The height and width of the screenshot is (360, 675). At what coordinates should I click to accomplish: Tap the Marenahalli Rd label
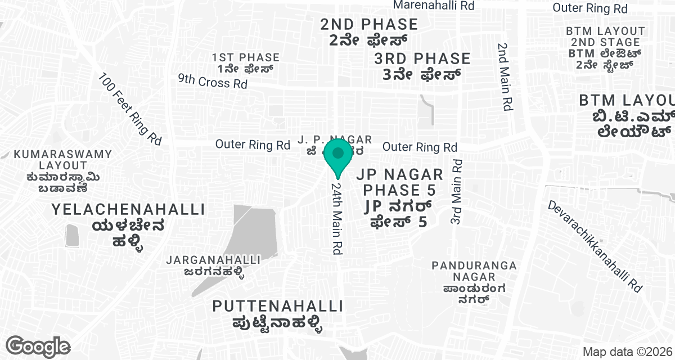tap(434, 5)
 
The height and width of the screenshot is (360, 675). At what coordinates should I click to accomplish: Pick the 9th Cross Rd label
tap(213, 81)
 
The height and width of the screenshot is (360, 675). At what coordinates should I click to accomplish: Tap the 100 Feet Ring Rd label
tap(130, 109)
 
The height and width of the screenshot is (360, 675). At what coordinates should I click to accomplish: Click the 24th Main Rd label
tap(337, 218)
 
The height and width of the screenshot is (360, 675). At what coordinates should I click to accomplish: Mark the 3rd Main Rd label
tap(456, 192)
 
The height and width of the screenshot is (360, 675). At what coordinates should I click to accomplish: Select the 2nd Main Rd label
tap(505, 76)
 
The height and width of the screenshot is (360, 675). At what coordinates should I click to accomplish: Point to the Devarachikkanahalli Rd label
tap(596, 246)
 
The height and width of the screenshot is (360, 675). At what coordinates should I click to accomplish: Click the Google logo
tap(38, 346)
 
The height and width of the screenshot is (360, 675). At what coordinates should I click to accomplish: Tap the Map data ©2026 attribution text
tap(627, 352)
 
